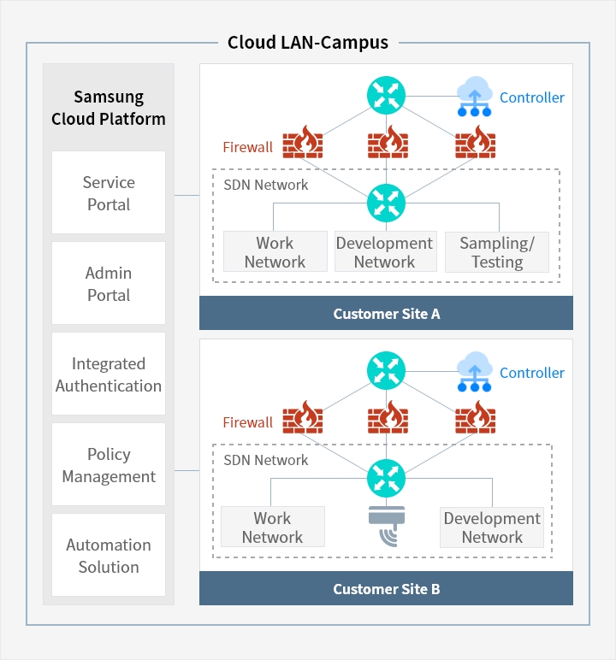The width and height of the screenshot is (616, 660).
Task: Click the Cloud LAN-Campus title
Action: point(308,42)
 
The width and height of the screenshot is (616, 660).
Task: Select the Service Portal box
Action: point(109,193)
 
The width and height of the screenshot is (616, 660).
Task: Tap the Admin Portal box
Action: point(109,284)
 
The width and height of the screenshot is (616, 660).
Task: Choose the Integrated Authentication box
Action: point(109,374)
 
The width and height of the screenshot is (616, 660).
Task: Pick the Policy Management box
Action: point(109,465)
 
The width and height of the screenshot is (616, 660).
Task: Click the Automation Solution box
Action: point(109,556)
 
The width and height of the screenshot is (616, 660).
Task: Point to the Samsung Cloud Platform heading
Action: point(109,108)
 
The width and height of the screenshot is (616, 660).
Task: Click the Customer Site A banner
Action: point(386,314)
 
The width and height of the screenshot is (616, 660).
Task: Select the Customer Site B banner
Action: point(386,589)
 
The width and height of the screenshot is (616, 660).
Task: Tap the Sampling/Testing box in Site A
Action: point(497,252)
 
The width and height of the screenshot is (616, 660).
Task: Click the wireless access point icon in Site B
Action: point(386,527)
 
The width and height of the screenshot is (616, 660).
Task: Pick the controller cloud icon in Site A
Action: point(473,97)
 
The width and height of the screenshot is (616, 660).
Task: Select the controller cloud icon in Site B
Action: point(473,372)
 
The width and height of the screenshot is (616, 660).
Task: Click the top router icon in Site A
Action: point(386,95)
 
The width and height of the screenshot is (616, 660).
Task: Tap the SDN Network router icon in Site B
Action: point(386,477)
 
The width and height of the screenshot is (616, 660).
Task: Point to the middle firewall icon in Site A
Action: point(386,142)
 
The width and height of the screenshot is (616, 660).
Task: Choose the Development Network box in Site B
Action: point(492,527)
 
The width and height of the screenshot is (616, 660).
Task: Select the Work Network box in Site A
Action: point(275,252)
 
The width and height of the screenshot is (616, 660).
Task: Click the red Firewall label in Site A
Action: point(247,147)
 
